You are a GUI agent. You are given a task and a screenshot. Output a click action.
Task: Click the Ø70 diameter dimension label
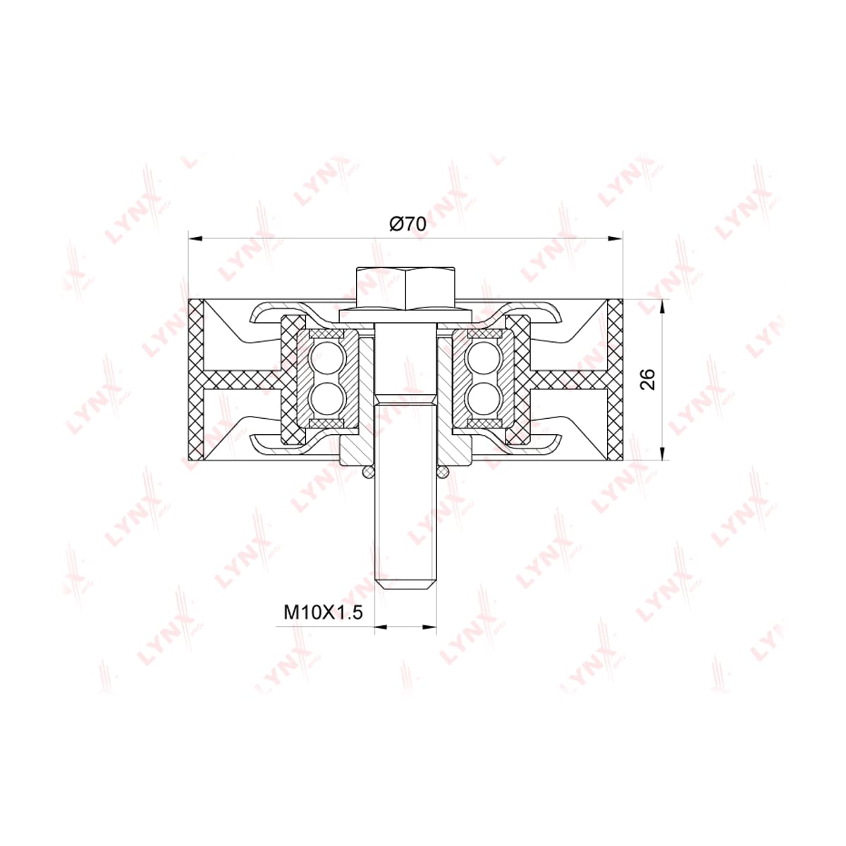(x=408, y=225)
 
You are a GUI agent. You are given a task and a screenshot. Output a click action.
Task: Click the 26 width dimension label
(x=648, y=380)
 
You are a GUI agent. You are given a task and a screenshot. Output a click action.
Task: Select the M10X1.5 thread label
(x=323, y=612)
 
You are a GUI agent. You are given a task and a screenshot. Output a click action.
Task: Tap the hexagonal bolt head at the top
(x=405, y=287)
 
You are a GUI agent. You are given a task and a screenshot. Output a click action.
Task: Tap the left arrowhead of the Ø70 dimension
(x=195, y=238)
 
